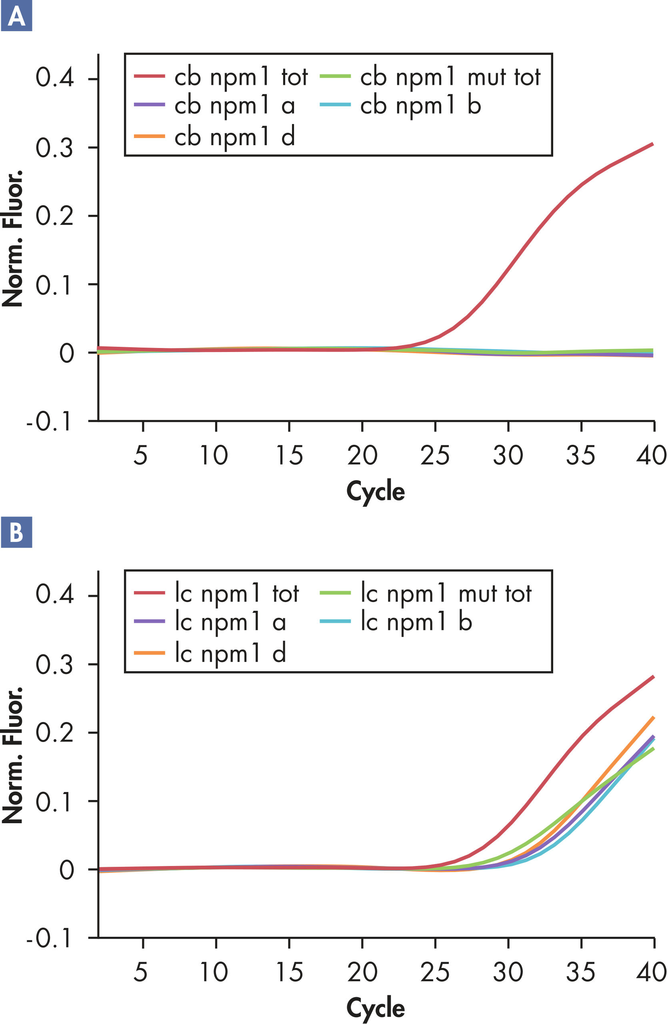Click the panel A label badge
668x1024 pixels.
coord(16,16)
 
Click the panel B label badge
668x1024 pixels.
coord(16,532)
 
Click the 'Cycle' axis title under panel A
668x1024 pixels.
coord(376,491)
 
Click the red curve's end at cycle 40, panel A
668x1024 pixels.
coord(653,144)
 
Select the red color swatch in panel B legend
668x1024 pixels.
coord(149,593)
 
